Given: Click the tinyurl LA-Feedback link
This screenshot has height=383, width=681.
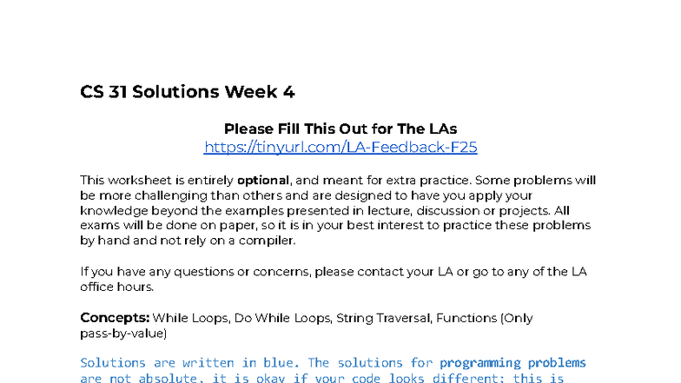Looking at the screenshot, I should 340,148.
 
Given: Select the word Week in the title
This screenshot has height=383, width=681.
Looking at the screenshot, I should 249,92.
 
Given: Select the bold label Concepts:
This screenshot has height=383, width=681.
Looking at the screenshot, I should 114,318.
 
